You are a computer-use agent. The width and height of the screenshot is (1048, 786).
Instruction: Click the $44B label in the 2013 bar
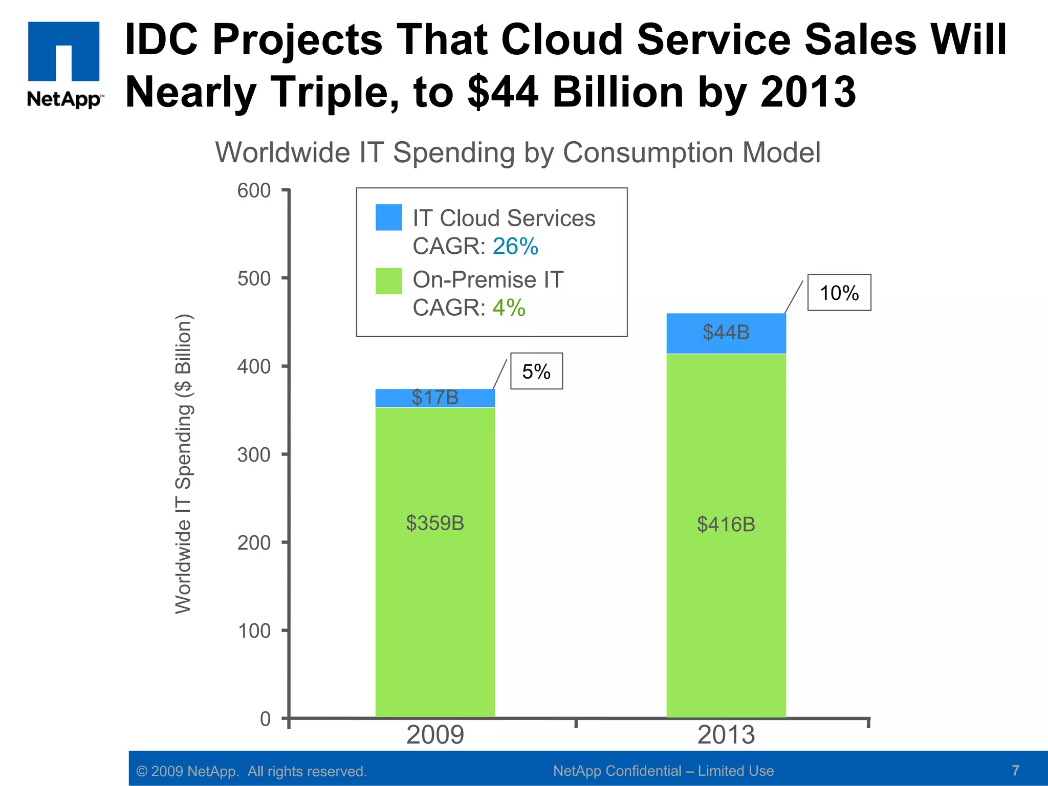tap(726, 333)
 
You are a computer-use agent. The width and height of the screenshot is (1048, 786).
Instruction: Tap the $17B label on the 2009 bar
tap(435, 398)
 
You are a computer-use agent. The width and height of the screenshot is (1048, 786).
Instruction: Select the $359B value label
tap(435, 523)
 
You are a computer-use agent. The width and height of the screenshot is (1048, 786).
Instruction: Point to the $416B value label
tap(726, 525)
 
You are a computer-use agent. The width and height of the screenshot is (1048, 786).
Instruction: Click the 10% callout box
tap(839, 293)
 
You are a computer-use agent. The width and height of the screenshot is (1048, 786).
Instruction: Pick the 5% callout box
tap(536, 372)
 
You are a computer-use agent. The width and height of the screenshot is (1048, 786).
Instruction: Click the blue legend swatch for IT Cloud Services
tap(388, 217)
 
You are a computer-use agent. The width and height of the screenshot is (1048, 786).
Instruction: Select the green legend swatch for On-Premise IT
tap(388, 281)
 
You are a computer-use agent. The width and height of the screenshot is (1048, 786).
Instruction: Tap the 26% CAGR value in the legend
tap(515, 247)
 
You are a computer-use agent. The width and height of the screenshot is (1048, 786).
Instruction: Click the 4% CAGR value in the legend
tap(509, 308)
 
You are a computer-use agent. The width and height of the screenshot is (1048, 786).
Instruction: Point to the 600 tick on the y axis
tap(254, 191)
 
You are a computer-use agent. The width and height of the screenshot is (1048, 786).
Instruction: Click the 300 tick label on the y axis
tap(254, 455)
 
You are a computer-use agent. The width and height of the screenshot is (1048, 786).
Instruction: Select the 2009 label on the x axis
tap(435, 735)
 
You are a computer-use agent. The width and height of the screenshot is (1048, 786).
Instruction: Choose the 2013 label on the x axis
tap(726, 735)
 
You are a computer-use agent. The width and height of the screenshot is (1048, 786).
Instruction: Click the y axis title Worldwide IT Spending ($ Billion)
tap(183, 463)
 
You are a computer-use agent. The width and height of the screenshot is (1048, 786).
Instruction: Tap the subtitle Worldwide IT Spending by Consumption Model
tap(517, 152)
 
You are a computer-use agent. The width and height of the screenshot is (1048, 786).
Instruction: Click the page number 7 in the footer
tap(1015, 770)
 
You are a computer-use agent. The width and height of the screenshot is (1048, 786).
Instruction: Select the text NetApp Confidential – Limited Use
tap(663, 771)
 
